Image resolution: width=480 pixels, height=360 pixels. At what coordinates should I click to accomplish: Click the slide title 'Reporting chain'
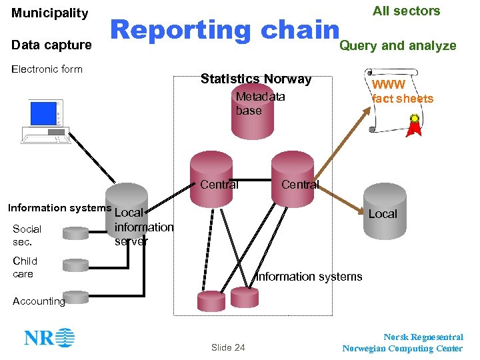click(225, 30)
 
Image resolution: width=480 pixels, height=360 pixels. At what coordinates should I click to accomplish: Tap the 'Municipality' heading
click(50, 13)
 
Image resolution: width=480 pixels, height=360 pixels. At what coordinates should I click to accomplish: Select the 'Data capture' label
click(52, 45)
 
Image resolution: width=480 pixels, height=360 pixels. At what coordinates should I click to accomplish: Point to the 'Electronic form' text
click(47, 69)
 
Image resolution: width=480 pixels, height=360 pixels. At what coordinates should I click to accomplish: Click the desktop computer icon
click(45, 121)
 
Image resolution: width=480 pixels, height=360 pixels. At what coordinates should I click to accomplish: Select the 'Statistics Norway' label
click(256, 79)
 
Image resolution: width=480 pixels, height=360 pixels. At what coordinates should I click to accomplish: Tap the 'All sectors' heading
click(406, 11)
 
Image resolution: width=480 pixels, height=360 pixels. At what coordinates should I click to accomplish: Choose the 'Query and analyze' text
click(398, 45)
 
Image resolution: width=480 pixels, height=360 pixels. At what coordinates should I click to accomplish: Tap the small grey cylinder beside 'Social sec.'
click(75, 233)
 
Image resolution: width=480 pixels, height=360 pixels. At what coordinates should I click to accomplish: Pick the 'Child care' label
click(25, 267)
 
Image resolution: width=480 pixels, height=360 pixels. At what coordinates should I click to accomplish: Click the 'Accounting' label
click(39, 301)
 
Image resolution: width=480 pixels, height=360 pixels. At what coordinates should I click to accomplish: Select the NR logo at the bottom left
click(49, 337)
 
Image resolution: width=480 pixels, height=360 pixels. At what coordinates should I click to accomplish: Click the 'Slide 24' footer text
click(228, 347)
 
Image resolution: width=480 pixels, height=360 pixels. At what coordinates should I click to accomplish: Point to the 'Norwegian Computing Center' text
click(402, 348)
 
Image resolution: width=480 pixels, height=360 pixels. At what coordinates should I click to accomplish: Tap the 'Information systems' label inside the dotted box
click(309, 276)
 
